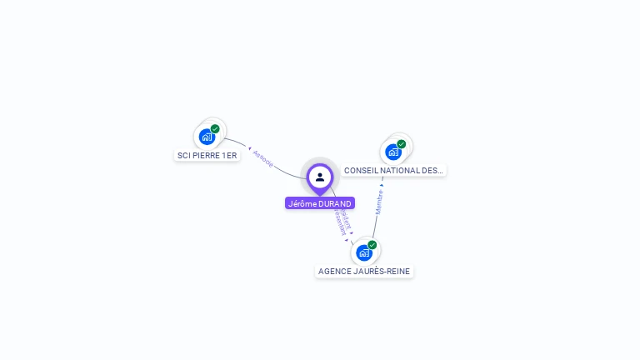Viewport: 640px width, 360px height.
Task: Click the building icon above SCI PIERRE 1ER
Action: (207, 137)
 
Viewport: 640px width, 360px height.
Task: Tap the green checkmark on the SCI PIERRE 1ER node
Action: (215, 129)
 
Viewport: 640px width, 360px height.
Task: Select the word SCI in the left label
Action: (183, 156)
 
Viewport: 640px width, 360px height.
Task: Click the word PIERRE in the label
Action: (206, 156)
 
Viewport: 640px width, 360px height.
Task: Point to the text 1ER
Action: (229, 156)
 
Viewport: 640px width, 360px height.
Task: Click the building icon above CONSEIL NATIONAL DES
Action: (393, 152)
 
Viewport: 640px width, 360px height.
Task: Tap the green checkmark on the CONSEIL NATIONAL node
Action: (402, 144)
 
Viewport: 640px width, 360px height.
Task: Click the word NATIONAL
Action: (402, 171)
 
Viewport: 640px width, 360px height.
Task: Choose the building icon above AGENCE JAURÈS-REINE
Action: (364, 252)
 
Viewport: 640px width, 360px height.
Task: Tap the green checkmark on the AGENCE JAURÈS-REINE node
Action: (372, 245)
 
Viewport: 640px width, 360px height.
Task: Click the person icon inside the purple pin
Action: (320, 177)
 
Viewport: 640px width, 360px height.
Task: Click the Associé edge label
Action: (262, 160)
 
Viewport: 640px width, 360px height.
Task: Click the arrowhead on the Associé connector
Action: (249, 148)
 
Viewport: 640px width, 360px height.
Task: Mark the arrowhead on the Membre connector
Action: (382, 185)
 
